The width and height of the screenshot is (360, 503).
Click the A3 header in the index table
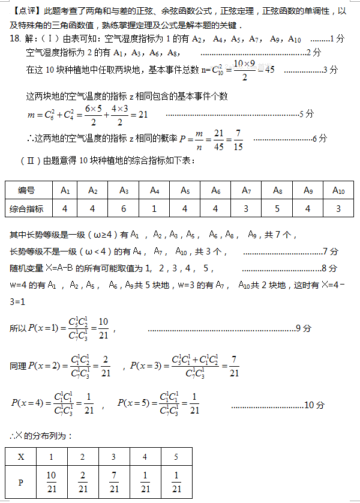[x=124, y=190]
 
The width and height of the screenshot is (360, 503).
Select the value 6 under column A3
[x=124, y=208]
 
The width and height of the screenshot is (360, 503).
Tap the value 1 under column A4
[x=154, y=208]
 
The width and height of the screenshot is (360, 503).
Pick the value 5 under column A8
[x=277, y=208]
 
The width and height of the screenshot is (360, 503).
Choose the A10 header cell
[x=338, y=190]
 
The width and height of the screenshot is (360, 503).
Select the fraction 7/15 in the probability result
[x=238, y=139]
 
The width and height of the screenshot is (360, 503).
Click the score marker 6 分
[x=320, y=139]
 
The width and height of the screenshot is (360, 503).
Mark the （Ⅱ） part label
[x=30, y=161]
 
